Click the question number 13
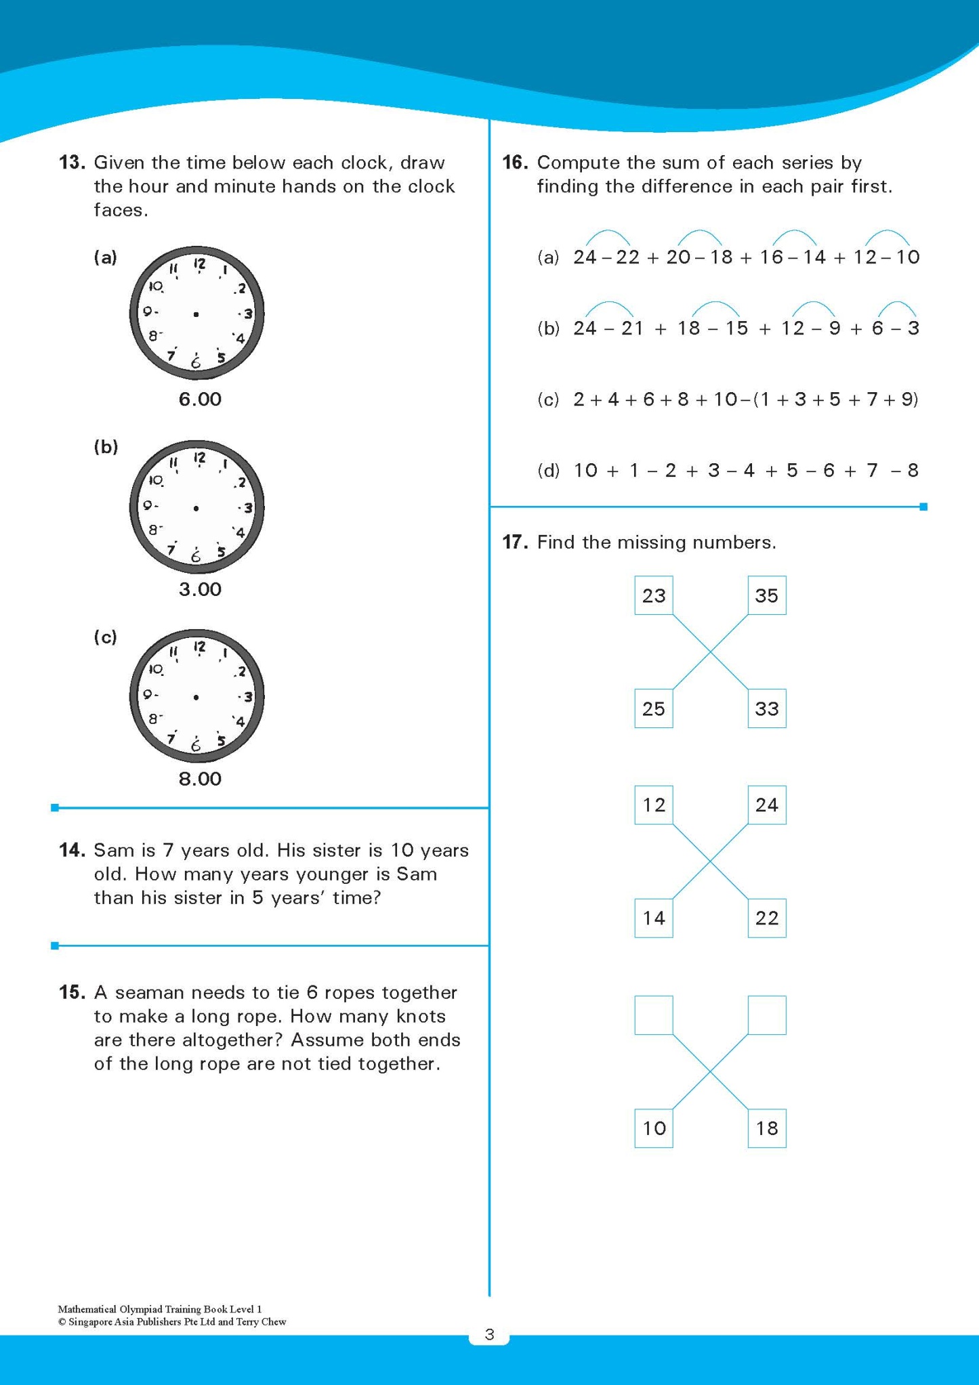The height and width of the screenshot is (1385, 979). (x=71, y=163)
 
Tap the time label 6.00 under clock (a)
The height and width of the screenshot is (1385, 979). (x=200, y=399)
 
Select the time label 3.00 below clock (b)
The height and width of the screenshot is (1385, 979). (x=200, y=589)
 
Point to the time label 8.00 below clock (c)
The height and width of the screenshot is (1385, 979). (x=200, y=779)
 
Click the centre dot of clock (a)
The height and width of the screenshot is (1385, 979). (x=196, y=314)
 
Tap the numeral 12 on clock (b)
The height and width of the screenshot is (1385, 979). (x=199, y=459)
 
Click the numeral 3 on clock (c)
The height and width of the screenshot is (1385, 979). (x=248, y=697)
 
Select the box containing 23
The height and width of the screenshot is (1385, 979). (x=654, y=595)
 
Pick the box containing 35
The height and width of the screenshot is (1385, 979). (x=766, y=595)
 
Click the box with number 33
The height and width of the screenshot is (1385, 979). (x=766, y=708)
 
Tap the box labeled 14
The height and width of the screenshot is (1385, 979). (x=654, y=918)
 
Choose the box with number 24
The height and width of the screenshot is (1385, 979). (x=766, y=805)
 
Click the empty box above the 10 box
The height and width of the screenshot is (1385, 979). (x=654, y=1015)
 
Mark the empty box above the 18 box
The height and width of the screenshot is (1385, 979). (x=766, y=1015)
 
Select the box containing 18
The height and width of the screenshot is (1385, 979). (x=766, y=1128)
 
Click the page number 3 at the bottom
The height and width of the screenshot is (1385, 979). (x=489, y=1334)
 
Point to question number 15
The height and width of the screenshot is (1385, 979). (x=71, y=992)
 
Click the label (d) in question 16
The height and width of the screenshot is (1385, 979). (x=548, y=470)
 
